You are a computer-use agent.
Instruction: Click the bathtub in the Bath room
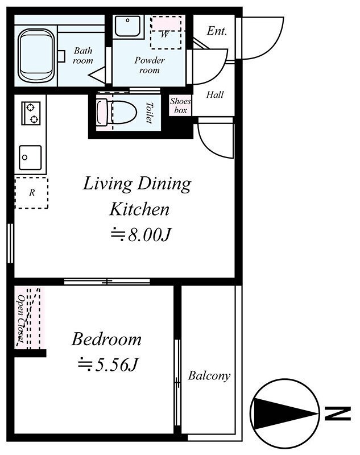(x=36, y=56)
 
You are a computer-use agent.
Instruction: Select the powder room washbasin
(x=128, y=26)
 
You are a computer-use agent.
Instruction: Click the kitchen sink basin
(x=30, y=158)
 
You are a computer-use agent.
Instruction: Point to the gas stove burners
(x=31, y=113)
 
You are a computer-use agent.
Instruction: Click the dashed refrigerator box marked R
(x=31, y=193)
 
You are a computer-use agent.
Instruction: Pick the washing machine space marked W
(x=166, y=32)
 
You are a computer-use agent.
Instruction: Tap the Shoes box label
(x=180, y=106)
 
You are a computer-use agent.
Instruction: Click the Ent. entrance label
(x=217, y=31)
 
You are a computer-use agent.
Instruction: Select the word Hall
(x=215, y=94)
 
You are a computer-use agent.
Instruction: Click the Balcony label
(x=209, y=376)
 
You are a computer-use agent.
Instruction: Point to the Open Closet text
(x=21, y=318)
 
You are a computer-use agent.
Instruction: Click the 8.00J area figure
(x=140, y=235)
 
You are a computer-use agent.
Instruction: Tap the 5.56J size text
(x=107, y=365)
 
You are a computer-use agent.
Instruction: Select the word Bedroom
(x=106, y=339)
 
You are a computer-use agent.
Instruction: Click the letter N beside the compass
(x=338, y=414)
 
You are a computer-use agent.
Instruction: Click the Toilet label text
(x=150, y=113)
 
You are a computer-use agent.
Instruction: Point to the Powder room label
(x=150, y=65)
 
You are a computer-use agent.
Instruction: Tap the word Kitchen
(x=139, y=209)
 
